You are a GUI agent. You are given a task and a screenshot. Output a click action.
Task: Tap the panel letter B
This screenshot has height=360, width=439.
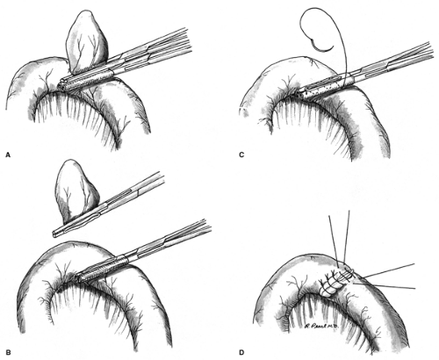[8, 352]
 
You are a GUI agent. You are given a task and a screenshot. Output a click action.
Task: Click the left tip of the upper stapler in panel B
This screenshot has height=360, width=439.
[55, 234]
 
